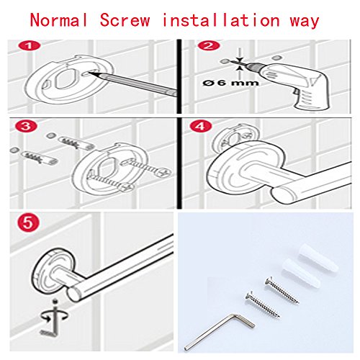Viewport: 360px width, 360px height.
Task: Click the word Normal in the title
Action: pos(59,20)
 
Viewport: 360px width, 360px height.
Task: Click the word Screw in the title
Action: pos(125,20)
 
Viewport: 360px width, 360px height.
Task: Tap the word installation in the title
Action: pos(221,19)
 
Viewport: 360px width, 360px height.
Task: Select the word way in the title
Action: pos(305,22)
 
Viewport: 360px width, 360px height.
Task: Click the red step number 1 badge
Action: pos(30,46)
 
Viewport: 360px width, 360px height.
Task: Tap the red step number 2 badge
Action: pos(208,45)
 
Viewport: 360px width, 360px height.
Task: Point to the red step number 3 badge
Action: pos(26,126)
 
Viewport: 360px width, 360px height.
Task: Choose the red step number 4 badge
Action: pos(201,126)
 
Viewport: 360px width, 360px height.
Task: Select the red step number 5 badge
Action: pos(28,222)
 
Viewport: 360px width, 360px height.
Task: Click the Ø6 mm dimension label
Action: pos(230,83)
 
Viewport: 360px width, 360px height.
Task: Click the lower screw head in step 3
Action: pos(127,186)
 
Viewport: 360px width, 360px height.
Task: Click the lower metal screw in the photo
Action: pos(262,305)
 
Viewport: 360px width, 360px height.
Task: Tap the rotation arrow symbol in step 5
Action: pos(55,316)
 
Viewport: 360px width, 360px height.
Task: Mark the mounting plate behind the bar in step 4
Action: pos(236,137)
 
